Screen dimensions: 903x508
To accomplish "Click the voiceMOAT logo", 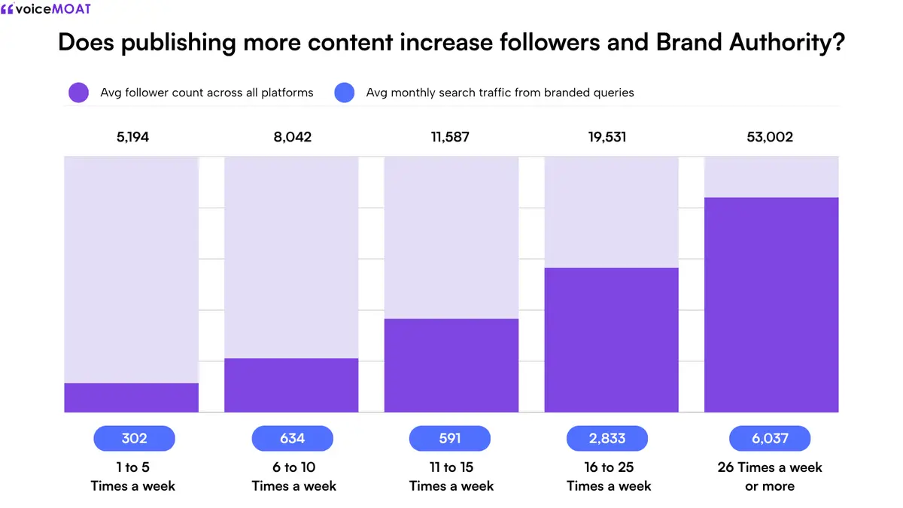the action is click(x=46, y=8).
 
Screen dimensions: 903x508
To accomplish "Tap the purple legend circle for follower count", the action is click(x=78, y=93).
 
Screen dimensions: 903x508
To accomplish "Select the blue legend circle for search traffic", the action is click(x=345, y=93).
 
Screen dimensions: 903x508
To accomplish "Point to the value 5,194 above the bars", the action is click(x=132, y=137).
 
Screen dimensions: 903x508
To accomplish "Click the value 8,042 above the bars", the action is click(x=292, y=137).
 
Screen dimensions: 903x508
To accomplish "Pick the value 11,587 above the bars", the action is click(x=450, y=137).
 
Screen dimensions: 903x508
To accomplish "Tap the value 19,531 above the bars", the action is click(x=607, y=137).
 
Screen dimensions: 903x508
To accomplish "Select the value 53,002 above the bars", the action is click(x=770, y=137).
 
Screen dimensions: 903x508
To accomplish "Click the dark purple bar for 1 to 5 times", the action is click(x=132, y=397).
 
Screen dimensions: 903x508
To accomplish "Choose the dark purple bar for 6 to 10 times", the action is click(x=291, y=385).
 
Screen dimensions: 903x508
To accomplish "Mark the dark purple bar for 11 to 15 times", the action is click(x=451, y=365).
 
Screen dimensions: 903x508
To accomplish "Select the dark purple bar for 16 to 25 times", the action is click(x=612, y=340).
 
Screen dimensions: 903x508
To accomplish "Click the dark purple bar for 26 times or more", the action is click(x=771, y=305).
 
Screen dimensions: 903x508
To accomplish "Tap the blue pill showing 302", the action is click(x=134, y=438).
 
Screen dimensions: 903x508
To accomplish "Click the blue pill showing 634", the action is click(x=292, y=438).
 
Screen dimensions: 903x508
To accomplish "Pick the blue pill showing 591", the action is click(x=450, y=438).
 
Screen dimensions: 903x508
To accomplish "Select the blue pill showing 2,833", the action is click(x=607, y=438).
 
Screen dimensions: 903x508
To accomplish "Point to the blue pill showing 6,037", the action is click(x=770, y=438).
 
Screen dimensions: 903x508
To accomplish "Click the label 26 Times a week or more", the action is click(x=770, y=476).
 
